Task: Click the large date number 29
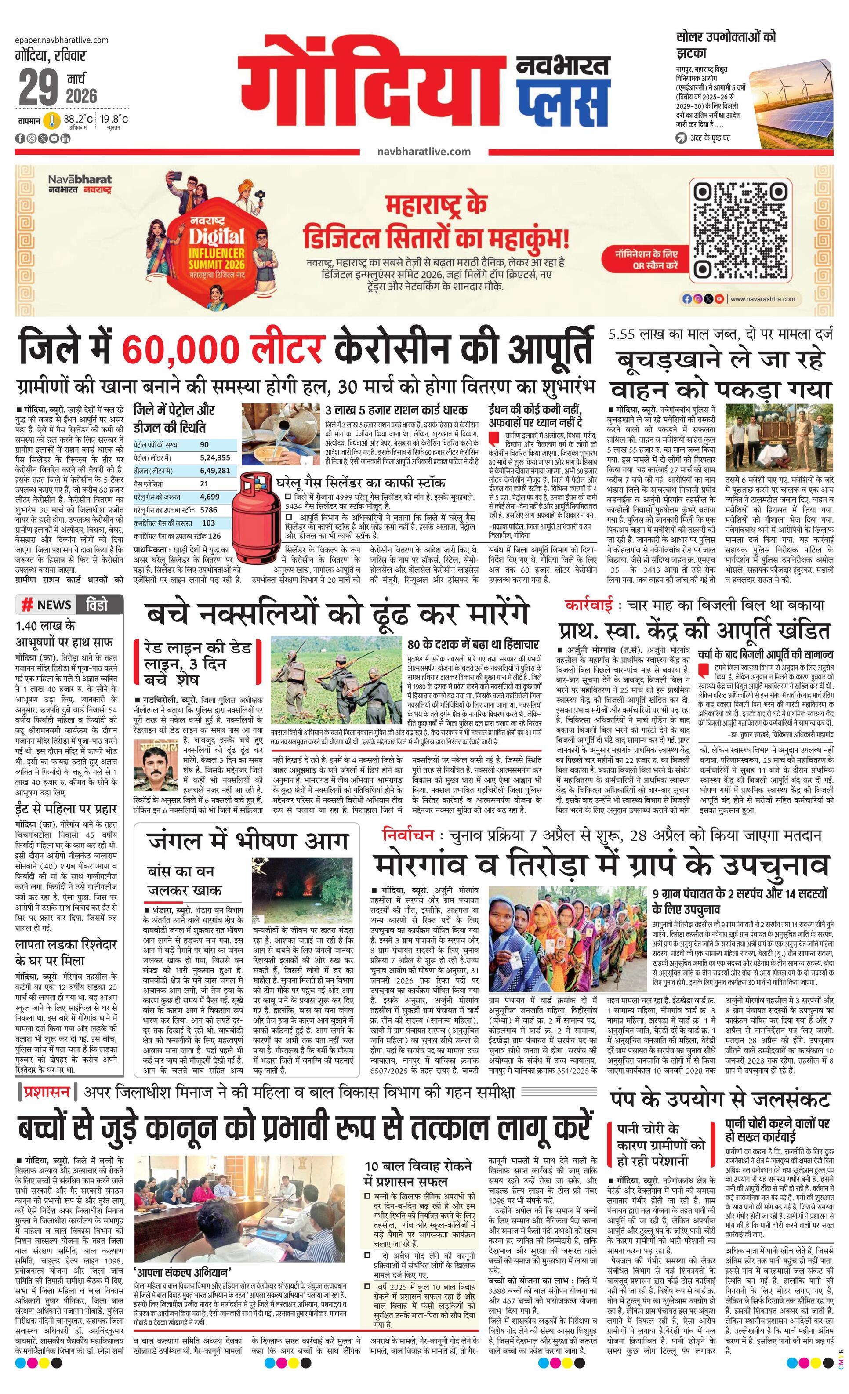(x=39, y=87)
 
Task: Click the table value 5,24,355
(x=215, y=457)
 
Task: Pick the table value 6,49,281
(x=215, y=470)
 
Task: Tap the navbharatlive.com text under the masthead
(x=424, y=151)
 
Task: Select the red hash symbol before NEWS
(x=26, y=605)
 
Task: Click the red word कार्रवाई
(x=589, y=605)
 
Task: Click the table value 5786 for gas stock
(x=208, y=510)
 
